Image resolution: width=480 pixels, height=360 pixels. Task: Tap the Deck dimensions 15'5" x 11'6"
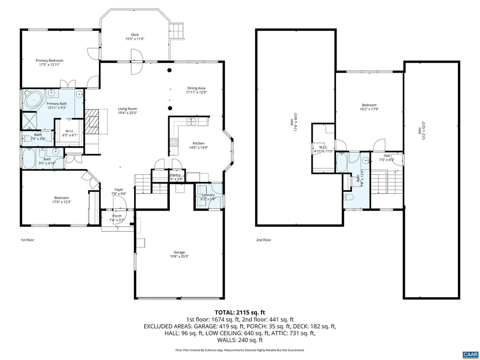(x=135, y=39)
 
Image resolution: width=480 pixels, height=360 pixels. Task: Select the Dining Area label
(x=196, y=88)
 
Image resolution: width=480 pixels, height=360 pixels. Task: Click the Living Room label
(x=127, y=109)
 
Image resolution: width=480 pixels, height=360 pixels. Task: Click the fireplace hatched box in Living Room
(x=92, y=120)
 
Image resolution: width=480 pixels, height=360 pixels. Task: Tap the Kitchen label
(x=198, y=143)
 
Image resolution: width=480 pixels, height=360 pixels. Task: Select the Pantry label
(x=175, y=175)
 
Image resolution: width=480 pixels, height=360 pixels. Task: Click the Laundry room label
(x=208, y=195)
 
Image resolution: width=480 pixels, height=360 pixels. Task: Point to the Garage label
(x=180, y=252)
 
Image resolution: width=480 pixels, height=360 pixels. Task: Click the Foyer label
(x=119, y=189)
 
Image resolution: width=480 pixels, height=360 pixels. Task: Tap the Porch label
(x=117, y=216)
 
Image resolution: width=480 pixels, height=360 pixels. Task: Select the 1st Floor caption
(x=27, y=240)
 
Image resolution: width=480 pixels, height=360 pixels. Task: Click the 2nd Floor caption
(x=263, y=240)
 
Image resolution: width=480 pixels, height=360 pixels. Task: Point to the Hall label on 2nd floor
(x=387, y=156)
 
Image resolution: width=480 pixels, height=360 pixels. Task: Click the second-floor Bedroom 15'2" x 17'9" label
(x=369, y=105)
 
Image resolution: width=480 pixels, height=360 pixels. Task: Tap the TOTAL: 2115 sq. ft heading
(x=240, y=312)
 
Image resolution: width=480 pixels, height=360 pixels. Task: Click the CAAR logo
(x=469, y=353)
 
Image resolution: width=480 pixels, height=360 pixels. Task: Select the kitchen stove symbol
(x=174, y=142)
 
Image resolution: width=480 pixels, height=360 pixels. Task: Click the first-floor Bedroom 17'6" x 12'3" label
(x=61, y=197)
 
